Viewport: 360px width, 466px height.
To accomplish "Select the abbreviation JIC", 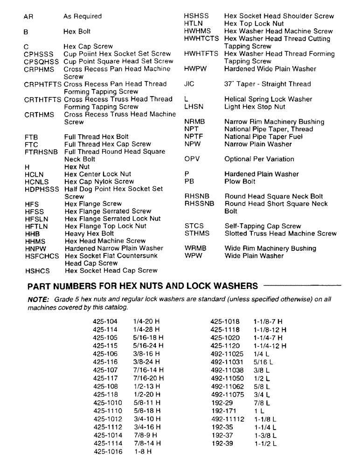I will [x=189, y=84].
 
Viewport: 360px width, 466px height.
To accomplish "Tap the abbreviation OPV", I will [x=192, y=159].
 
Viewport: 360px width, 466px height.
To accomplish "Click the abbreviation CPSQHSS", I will [x=42, y=61].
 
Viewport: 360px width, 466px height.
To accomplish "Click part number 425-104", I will [x=105, y=322].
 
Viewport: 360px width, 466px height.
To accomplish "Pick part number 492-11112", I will [x=228, y=418].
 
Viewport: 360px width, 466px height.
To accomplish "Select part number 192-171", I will [x=223, y=411].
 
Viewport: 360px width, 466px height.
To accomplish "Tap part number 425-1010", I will [x=107, y=402].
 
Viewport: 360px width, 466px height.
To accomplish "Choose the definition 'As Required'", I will [x=83, y=16].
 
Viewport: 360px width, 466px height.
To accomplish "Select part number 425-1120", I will [x=225, y=346].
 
